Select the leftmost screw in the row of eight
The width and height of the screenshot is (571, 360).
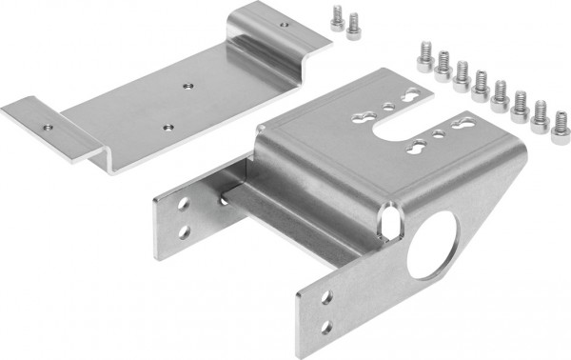click(x=424, y=58)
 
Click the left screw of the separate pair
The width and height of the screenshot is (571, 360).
click(x=336, y=18)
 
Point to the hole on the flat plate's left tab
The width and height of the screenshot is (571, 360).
click(x=46, y=124)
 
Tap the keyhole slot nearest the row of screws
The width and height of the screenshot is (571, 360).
click(x=415, y=96)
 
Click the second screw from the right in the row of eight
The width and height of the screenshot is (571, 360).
click(x=540, y=115)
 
